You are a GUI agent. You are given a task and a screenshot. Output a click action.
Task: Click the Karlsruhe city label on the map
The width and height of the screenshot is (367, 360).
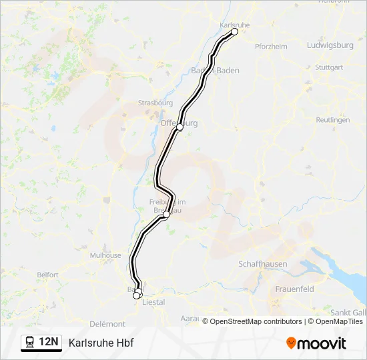click(234, 25)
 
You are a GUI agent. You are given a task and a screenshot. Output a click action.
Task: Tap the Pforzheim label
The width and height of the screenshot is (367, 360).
click(271, 47)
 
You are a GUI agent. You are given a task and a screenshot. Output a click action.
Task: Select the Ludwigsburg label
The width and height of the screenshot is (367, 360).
click(330, 45)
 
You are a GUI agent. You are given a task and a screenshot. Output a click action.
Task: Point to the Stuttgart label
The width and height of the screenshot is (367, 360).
click(328, 67)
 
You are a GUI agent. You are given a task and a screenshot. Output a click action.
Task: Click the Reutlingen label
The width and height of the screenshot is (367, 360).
click(332, 120)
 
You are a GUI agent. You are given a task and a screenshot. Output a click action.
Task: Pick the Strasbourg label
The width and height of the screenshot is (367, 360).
click(155, 103)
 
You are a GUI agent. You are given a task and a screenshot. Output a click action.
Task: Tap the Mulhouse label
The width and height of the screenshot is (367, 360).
click(105, 255)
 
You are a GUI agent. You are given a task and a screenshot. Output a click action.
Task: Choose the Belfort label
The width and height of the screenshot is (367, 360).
click(48, 275)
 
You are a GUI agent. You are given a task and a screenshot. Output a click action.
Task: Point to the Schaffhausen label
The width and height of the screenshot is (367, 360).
click(263, 264)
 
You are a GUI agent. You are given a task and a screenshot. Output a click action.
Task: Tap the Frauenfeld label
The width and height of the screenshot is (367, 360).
click(294, 289)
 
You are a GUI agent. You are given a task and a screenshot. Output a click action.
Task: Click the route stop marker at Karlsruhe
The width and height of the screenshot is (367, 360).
click(235, 31)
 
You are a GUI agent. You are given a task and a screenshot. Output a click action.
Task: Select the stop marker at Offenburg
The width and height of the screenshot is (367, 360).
click(179, 127)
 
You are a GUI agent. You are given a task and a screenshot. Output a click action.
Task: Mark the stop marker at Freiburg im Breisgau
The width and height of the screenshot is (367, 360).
click(166, 215)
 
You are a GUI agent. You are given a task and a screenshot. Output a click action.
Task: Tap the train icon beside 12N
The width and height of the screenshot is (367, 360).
click(29, 342)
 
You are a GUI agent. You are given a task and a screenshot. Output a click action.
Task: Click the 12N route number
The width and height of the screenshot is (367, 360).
click(49, 342)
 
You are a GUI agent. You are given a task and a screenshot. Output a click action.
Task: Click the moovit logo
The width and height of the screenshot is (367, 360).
click(316, 343)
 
